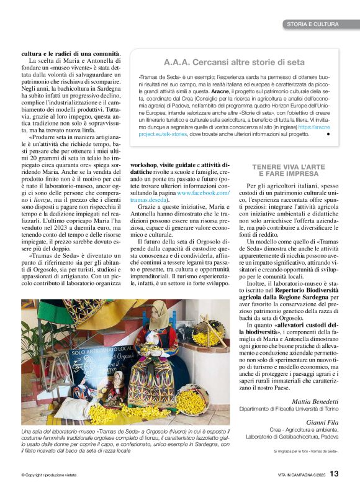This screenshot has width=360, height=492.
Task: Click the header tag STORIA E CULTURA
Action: [313, 24]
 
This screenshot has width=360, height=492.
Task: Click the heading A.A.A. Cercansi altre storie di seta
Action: [233, 62]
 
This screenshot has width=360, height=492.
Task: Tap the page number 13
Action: [334, 473]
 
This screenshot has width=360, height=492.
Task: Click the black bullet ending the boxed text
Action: [328, 133]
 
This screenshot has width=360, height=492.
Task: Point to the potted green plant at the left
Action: [41, 348]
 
